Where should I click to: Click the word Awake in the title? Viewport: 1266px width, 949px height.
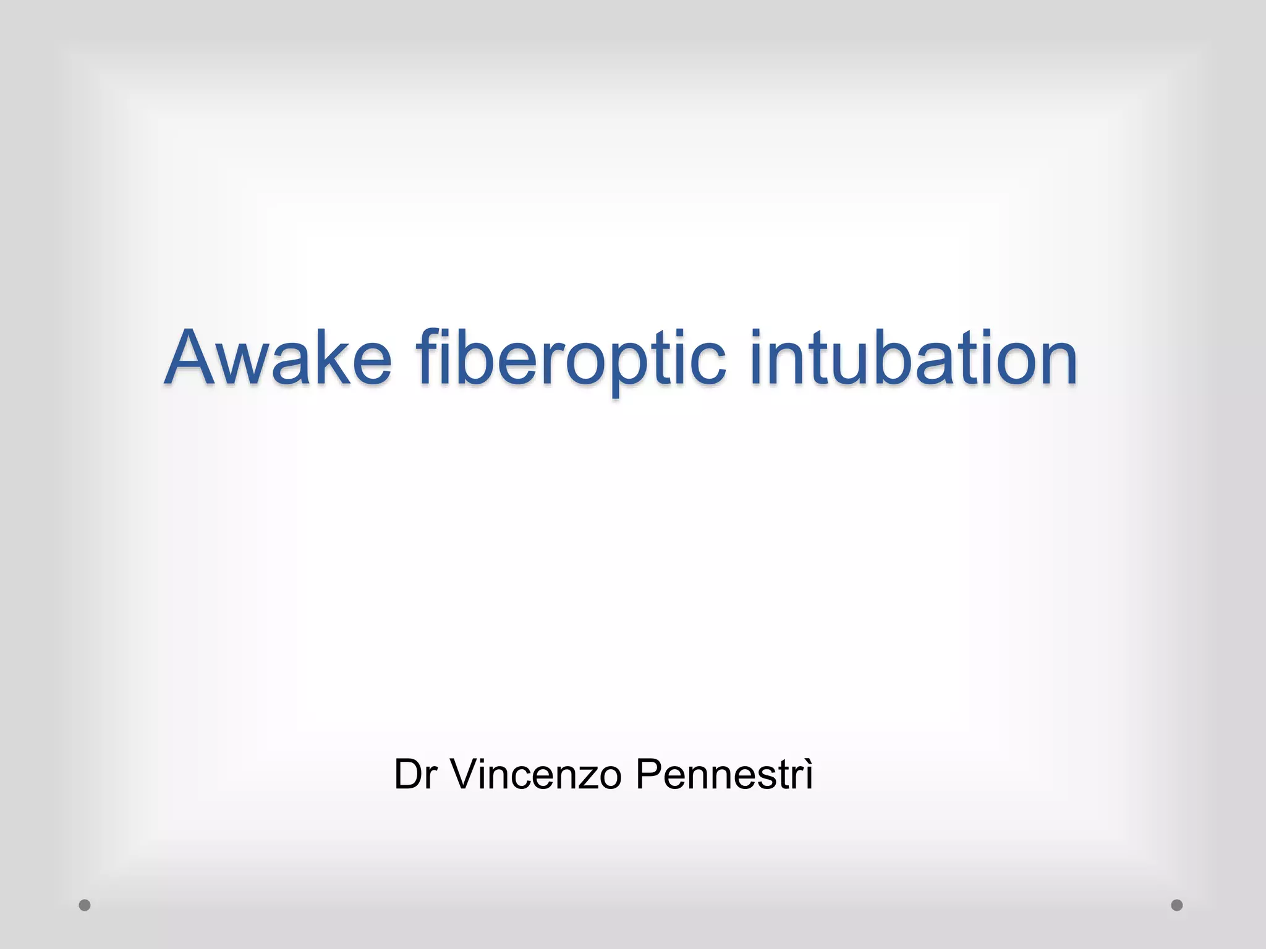point(278,358)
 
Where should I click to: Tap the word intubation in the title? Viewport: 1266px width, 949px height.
point(914,358)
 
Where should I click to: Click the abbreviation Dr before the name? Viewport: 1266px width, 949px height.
point(416,774)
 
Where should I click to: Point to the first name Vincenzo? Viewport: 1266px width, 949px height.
point(535,774)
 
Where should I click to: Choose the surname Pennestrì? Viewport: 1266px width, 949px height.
point(724,774)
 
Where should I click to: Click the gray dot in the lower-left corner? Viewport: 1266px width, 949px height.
point(85,905)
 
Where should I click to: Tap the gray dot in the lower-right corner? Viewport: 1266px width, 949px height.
point(1177,905)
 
